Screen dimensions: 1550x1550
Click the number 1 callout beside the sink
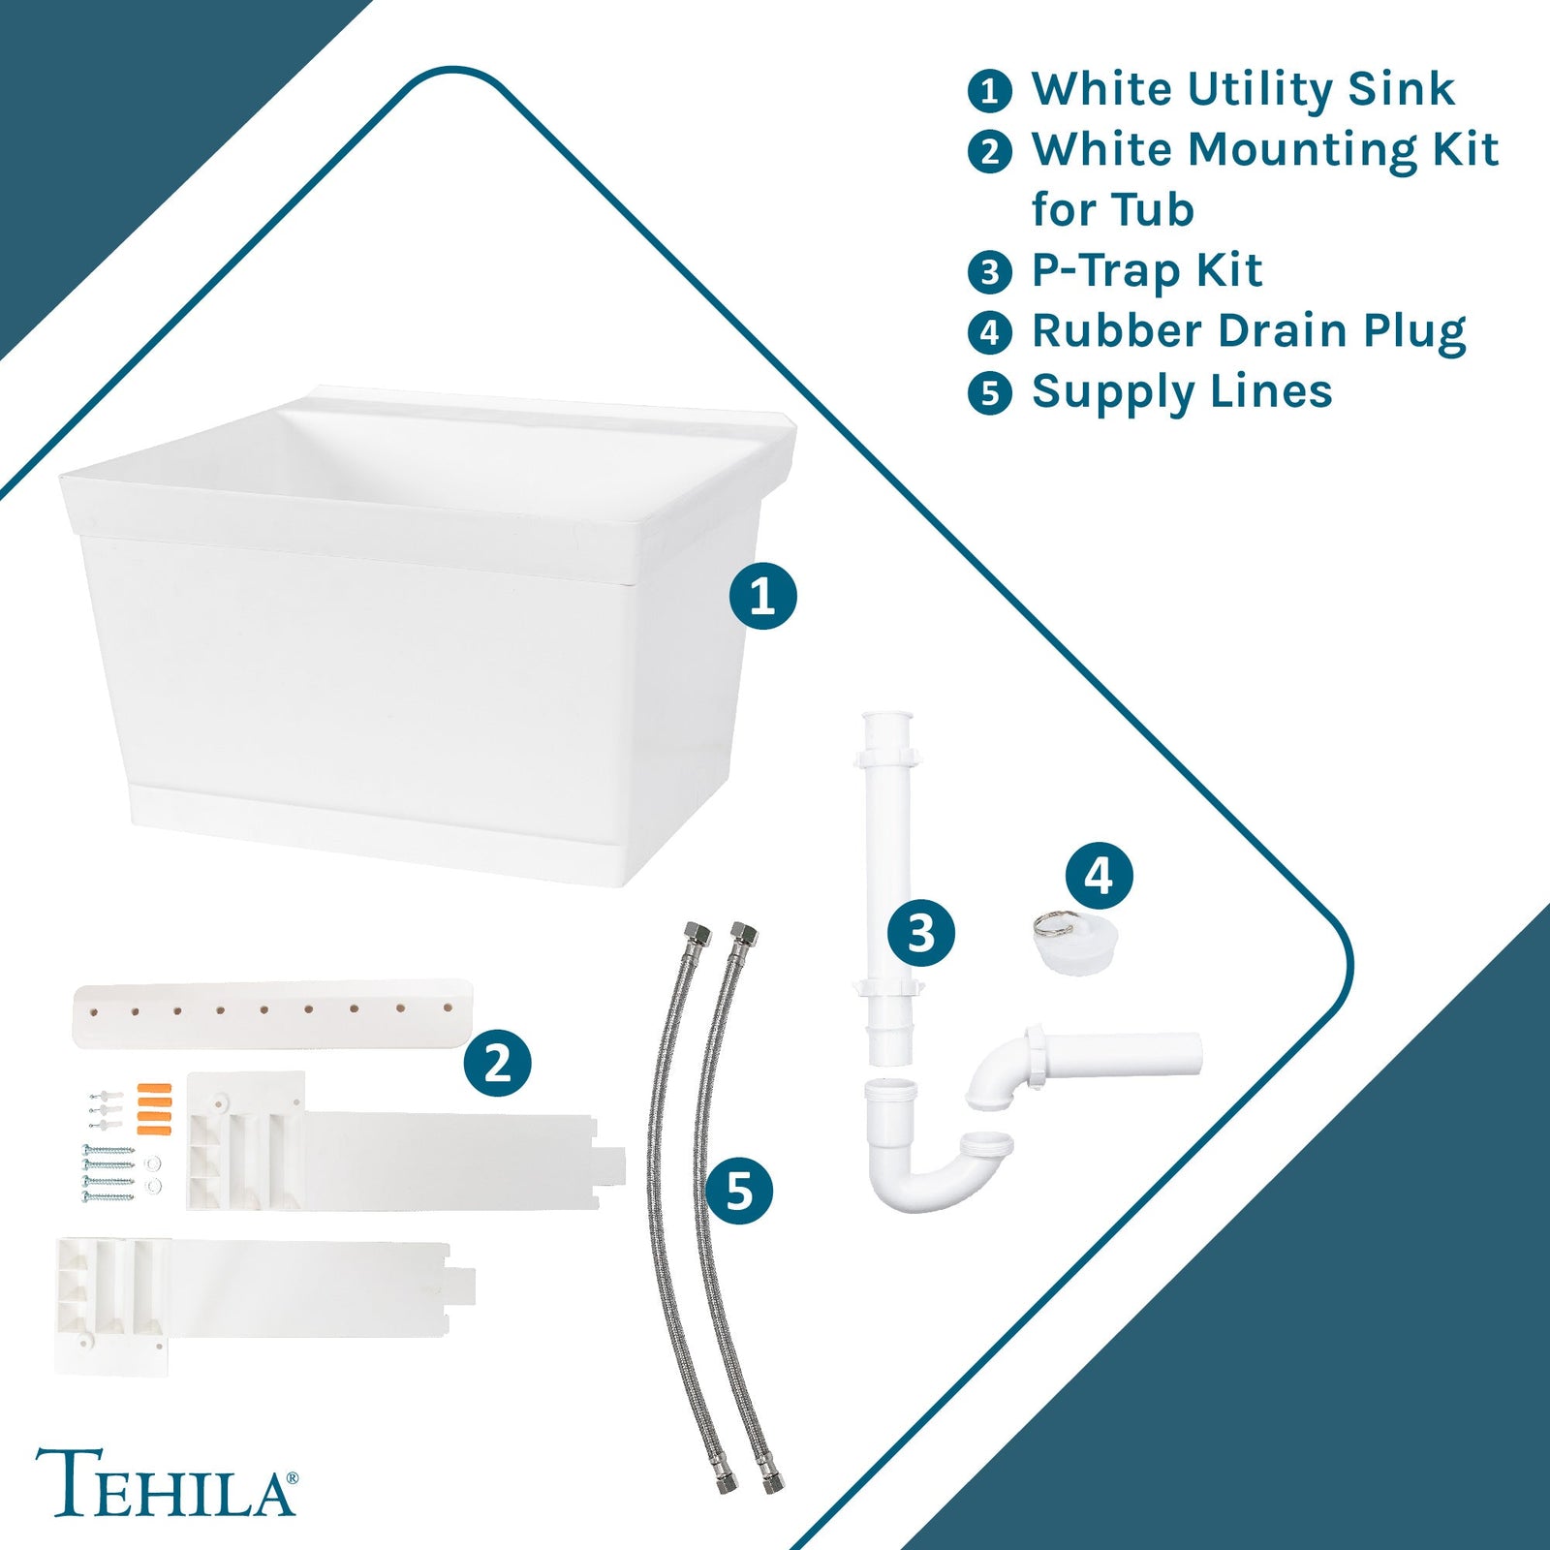pos(762,596)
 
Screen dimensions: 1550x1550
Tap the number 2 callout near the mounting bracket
pos(497,1063)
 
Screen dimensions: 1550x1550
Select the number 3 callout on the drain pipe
pos(921,933)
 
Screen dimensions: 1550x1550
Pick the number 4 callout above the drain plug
pos(1099,877)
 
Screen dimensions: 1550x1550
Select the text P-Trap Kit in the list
pos(1146,270)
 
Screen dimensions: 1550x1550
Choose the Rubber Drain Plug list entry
pos(1248,331)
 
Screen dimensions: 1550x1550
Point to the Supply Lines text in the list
pos(1181,392)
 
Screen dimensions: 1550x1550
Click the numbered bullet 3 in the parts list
pos(989,272)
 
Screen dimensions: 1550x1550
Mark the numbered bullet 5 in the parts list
pos(989,393)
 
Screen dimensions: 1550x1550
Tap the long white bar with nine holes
pos(271,1012)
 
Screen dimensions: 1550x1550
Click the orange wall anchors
pos(154,1108)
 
